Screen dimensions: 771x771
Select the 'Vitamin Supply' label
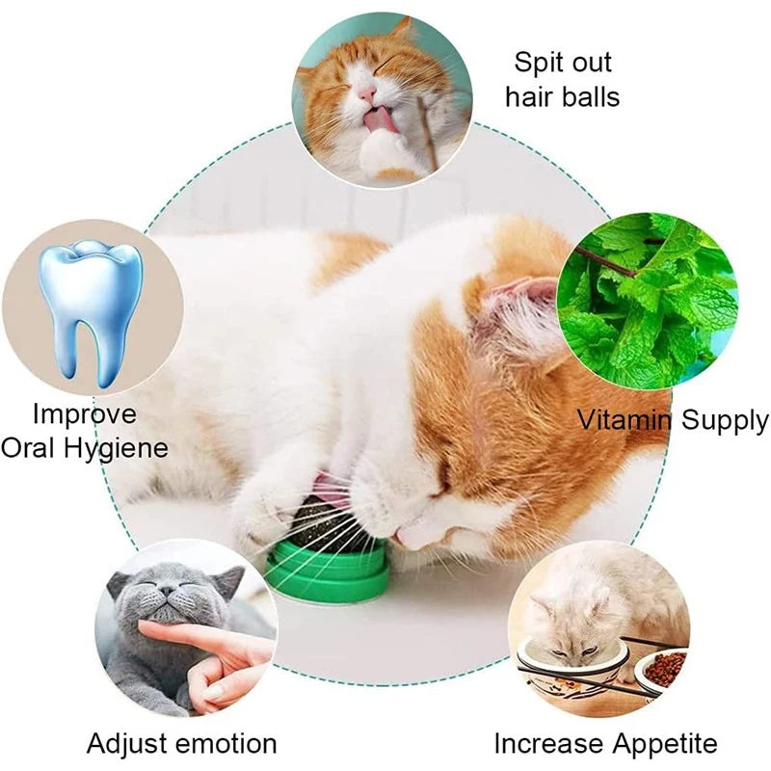pyautogui.click(x=673, y=420)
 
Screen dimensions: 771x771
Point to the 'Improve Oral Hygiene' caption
pyautogui.click(x=86, y=431)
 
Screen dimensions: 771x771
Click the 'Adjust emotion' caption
pyautogui.click(x=181, y=743)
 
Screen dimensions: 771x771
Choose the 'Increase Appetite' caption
pyautogui.click(x=605, y=743)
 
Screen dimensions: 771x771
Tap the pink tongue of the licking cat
pyautogui.click(x=379, y=120)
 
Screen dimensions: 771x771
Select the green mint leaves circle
pyautogui.click(x=647, y=301)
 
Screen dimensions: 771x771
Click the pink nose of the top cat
pyautogui.click(x=368, y=93)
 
